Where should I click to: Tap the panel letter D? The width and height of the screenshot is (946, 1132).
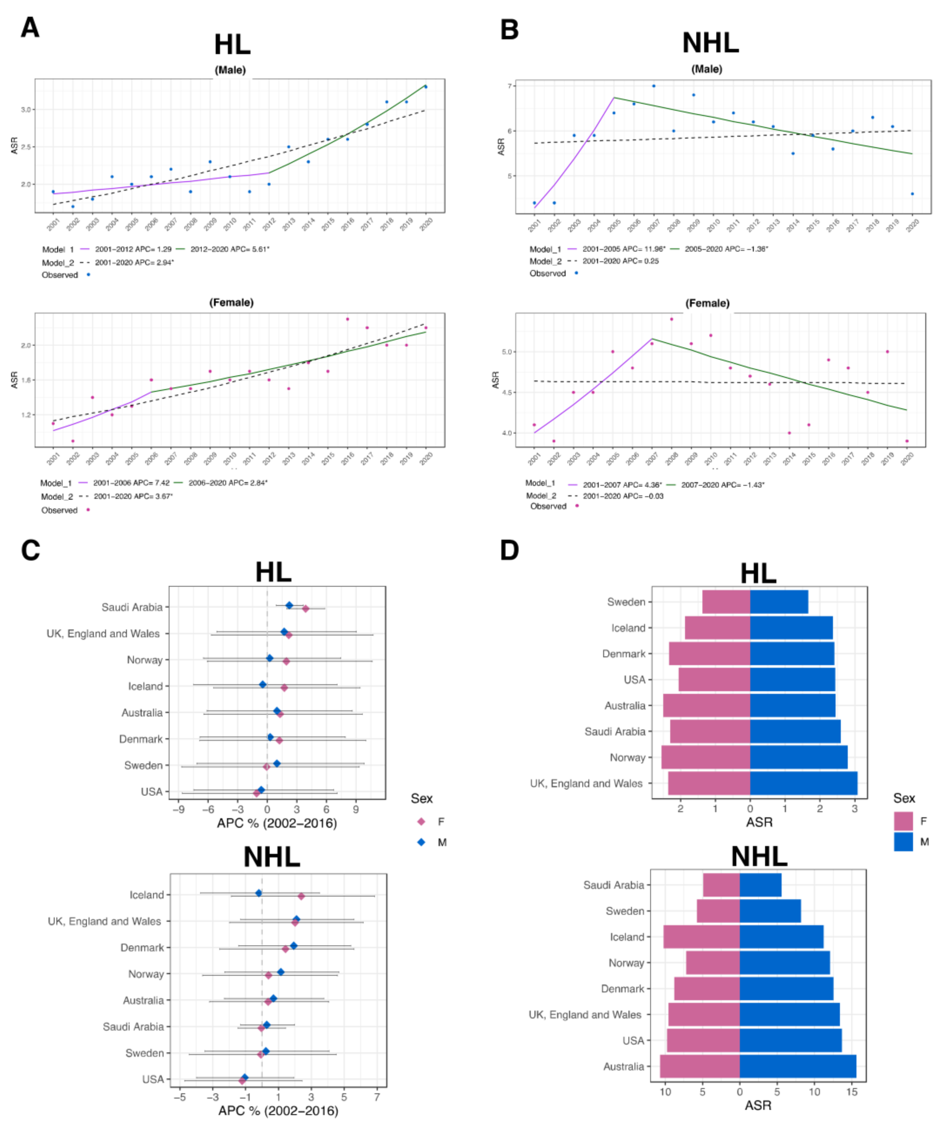pos(510,550)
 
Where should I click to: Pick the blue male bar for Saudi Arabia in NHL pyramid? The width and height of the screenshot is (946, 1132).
pos(760,885)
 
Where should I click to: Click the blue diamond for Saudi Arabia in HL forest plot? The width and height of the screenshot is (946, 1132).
pos(289,605)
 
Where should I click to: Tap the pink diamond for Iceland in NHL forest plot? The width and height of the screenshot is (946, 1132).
pos(301,896)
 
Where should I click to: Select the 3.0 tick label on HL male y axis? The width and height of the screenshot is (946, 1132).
pos(25,109)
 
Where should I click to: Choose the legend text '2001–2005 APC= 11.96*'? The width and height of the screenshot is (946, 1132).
pos(624,249)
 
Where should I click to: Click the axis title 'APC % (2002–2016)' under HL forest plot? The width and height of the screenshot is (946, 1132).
pos(277,823)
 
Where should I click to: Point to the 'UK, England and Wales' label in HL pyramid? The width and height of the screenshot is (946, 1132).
pos(586,783)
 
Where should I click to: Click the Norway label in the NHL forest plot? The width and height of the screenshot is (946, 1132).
pos(146,974)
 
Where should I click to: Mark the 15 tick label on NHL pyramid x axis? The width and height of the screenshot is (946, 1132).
pos(852,1092)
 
